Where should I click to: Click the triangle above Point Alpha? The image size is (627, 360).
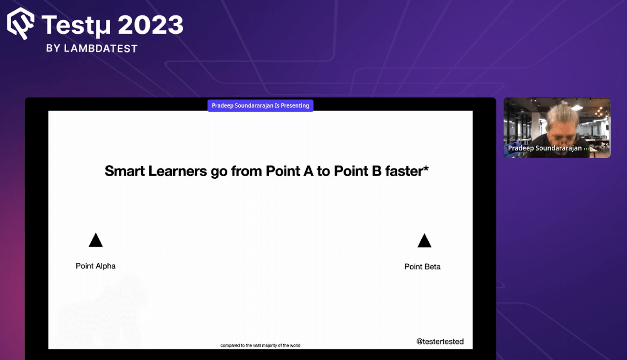pos(96,241)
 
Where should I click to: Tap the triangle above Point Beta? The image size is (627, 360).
pos(424,241)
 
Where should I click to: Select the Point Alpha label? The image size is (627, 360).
pos(96,266)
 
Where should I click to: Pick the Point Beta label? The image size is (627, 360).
pos(422,267)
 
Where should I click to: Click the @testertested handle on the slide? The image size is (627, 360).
pos(440,342)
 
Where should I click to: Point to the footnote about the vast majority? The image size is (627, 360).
pos(260,346)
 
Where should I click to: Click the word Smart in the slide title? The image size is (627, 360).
pos(125,171)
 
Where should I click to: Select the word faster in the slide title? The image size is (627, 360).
pos(404,171)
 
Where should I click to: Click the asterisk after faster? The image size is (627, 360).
pos(426,168)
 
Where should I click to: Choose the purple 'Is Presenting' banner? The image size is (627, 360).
pos(260,105)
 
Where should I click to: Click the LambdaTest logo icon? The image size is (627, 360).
pos(21,24)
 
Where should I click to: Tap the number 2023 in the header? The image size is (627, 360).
pos(150,25)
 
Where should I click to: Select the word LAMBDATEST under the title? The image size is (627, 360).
pos(101,49)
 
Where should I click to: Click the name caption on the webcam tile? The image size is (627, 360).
pos(545,148)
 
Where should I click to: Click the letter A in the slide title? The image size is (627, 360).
pos(308,171)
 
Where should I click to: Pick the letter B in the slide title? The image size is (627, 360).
pos(377,171)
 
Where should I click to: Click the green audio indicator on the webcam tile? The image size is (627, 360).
pos(587,149)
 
